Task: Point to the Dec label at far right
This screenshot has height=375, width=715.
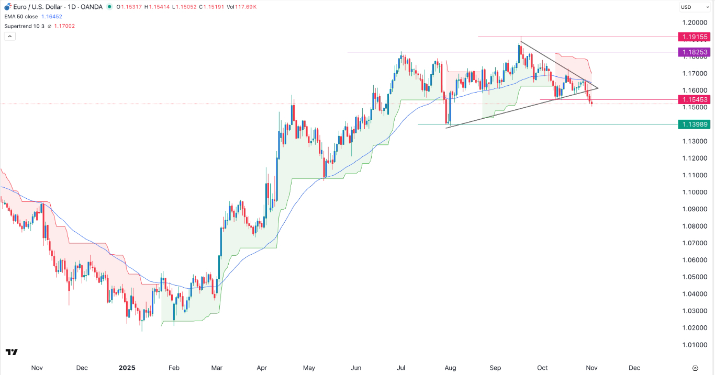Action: tap(634, 368)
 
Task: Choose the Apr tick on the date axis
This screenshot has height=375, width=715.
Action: tap(262, 368)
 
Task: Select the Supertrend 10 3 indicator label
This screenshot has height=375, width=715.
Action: tap(25, 26)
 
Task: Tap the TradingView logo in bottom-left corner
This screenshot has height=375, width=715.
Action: tap(12, 352)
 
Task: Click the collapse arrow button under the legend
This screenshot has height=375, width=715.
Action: tap(9, 36)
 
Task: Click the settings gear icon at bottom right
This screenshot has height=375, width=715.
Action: tap(695, 368)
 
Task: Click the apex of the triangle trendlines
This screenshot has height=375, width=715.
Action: tap(598, 87)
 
